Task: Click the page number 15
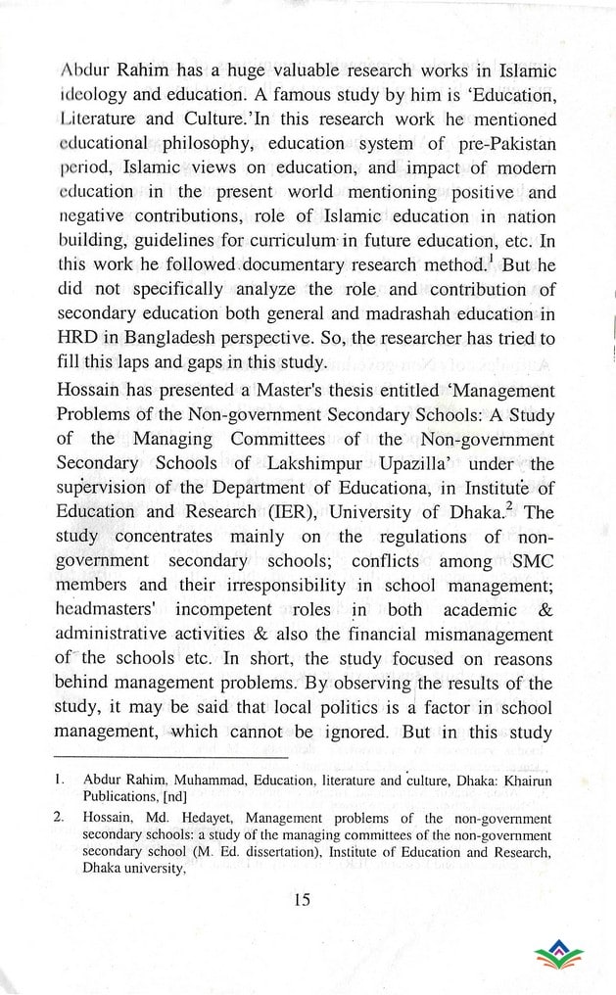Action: click(x=300, y=900)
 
